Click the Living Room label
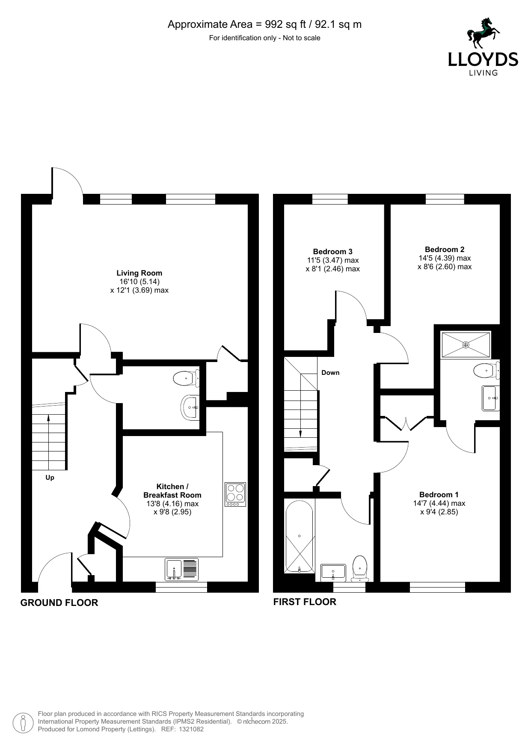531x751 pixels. [139, 273]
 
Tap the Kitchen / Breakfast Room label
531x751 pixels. [172, 491]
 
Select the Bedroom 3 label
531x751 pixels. [333, 252]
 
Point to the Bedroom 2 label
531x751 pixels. [445, 249]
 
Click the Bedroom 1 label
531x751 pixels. [439, 495]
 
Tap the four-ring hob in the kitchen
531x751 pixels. [236, 495]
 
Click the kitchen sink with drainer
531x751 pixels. [182, 570]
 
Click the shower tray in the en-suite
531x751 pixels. [466, 344]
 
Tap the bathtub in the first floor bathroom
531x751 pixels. [300, 537]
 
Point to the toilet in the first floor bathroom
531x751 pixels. [360, 569]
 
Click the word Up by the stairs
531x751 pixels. [50, 478]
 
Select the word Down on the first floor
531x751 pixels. [330, 373]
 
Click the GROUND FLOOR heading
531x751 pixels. [59, 603]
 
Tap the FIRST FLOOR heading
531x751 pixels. [305, 602]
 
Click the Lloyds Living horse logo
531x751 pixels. [484, 33]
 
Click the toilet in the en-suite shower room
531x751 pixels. [487, 370]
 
